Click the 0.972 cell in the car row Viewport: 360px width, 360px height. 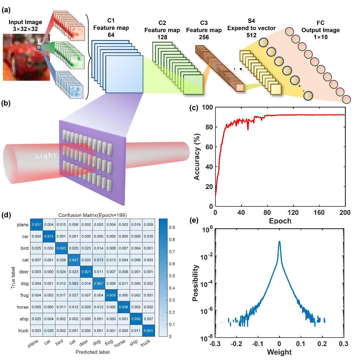tap(49, 236)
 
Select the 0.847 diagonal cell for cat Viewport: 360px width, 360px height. tap(74, 260)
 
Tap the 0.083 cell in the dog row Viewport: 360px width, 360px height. tap(74, 283)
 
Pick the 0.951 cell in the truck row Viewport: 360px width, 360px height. tap(148, 330)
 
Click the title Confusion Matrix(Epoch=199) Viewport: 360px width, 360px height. tap(93, 215)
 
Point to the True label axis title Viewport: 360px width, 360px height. tap(13, 278)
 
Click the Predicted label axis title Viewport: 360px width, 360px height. tap(93, 352)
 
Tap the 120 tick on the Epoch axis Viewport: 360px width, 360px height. tap(293, 213)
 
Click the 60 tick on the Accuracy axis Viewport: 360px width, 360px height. tap(209, 147)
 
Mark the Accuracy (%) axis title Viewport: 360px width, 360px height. tap(197, 157)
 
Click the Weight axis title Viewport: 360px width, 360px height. tap(279, 352)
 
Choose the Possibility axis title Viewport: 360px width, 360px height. tap(195, 283)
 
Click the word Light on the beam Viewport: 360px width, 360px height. tap(46, 156)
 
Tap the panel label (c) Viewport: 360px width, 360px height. tap(194, 108)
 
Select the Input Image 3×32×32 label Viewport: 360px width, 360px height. tap(25, 26)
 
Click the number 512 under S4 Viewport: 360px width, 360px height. tap(251, 35)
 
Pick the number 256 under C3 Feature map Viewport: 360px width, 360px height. tap(204, 37)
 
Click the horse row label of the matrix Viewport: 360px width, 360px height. tap(23, 307)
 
